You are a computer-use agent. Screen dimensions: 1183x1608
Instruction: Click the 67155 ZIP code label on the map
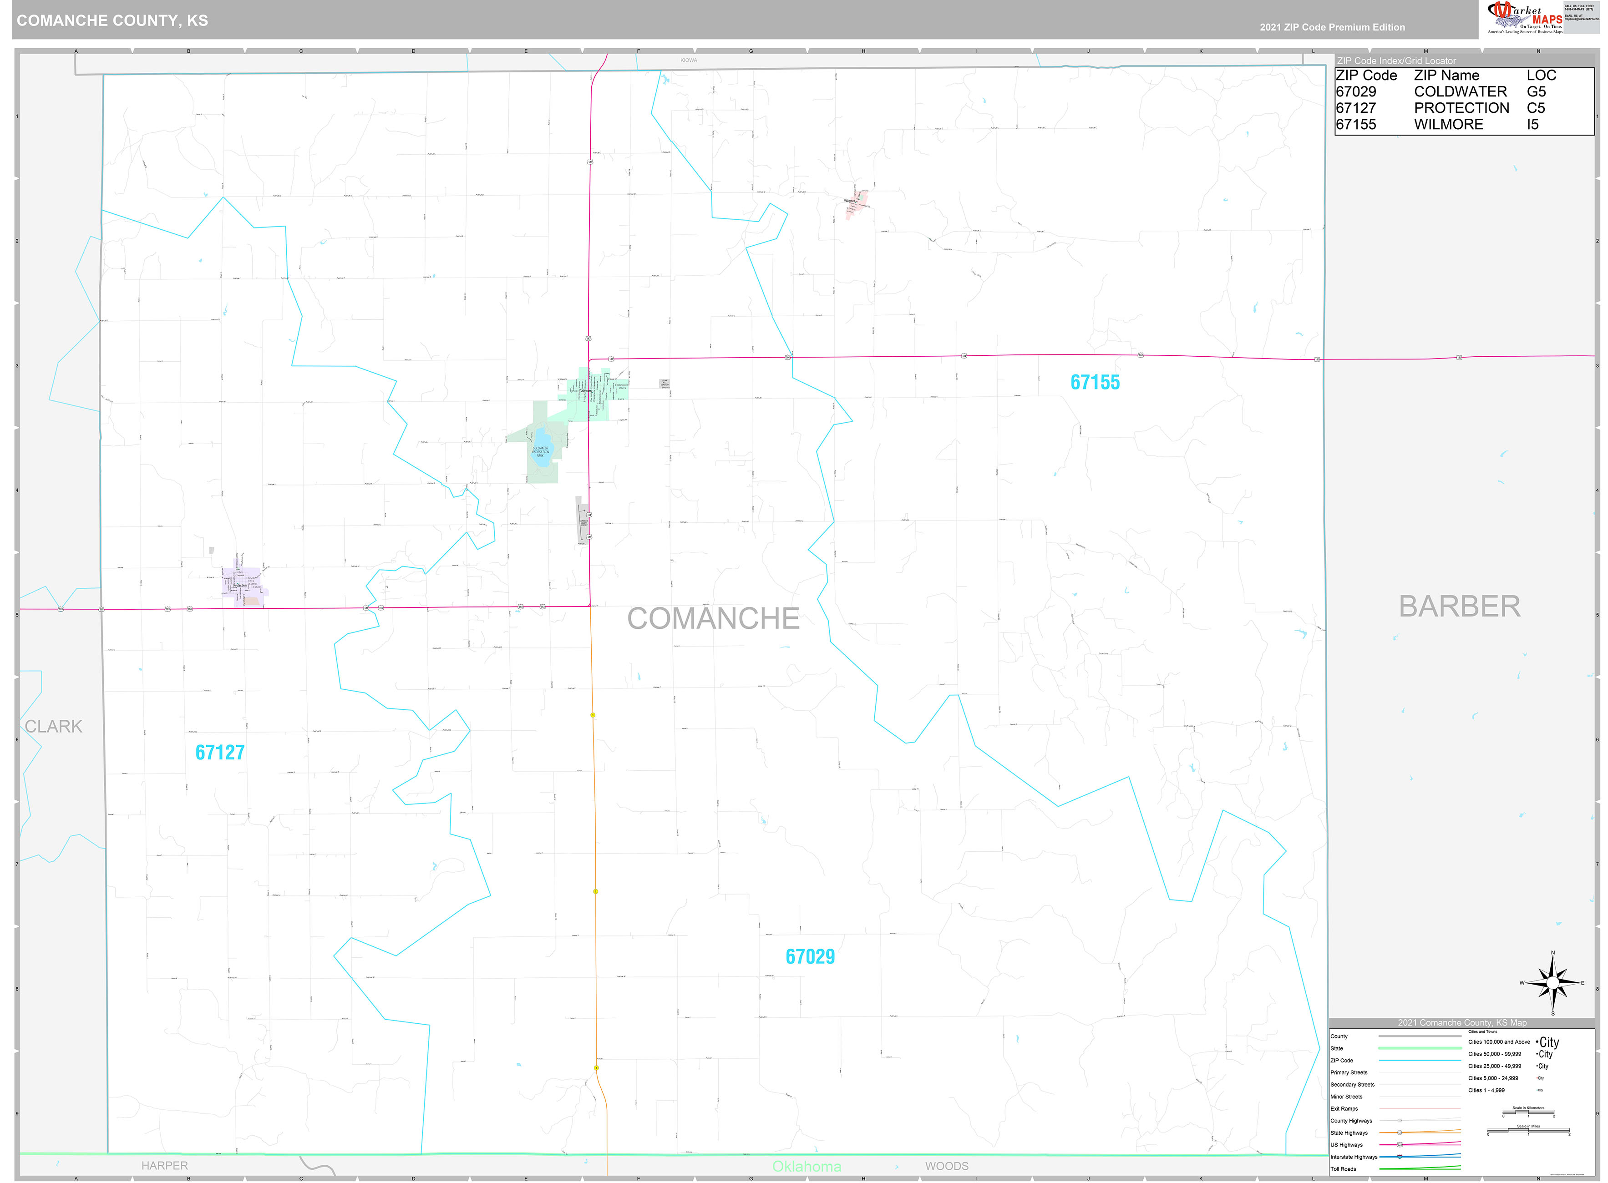coord(1095,382)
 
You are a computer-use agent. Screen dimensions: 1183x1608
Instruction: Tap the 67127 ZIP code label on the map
coord(220,753)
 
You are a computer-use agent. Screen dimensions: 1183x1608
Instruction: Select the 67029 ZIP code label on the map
coord(810,957)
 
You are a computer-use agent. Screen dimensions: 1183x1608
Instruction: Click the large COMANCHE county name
coord(713,619)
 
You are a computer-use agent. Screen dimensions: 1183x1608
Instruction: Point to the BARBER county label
coord(1459,607)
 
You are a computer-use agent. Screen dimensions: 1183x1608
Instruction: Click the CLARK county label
coord(54,726)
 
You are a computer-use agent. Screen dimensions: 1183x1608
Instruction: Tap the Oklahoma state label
coord(807,1167)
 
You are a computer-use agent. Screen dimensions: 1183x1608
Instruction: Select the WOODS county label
coord(946,1166)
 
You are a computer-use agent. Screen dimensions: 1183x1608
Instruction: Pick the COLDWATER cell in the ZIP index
coord(1460,91)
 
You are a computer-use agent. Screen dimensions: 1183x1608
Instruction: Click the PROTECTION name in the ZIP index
coord(1461,108)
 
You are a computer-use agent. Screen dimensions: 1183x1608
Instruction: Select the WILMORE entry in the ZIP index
coord(1448,125)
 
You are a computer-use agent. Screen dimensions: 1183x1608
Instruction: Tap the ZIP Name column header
coord(1446,75)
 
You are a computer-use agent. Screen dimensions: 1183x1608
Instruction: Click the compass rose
coord(1552,983)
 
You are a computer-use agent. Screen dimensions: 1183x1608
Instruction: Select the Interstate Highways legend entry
coord(1354,1157)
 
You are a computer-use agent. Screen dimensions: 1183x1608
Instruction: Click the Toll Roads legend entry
coord(1343,1169)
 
